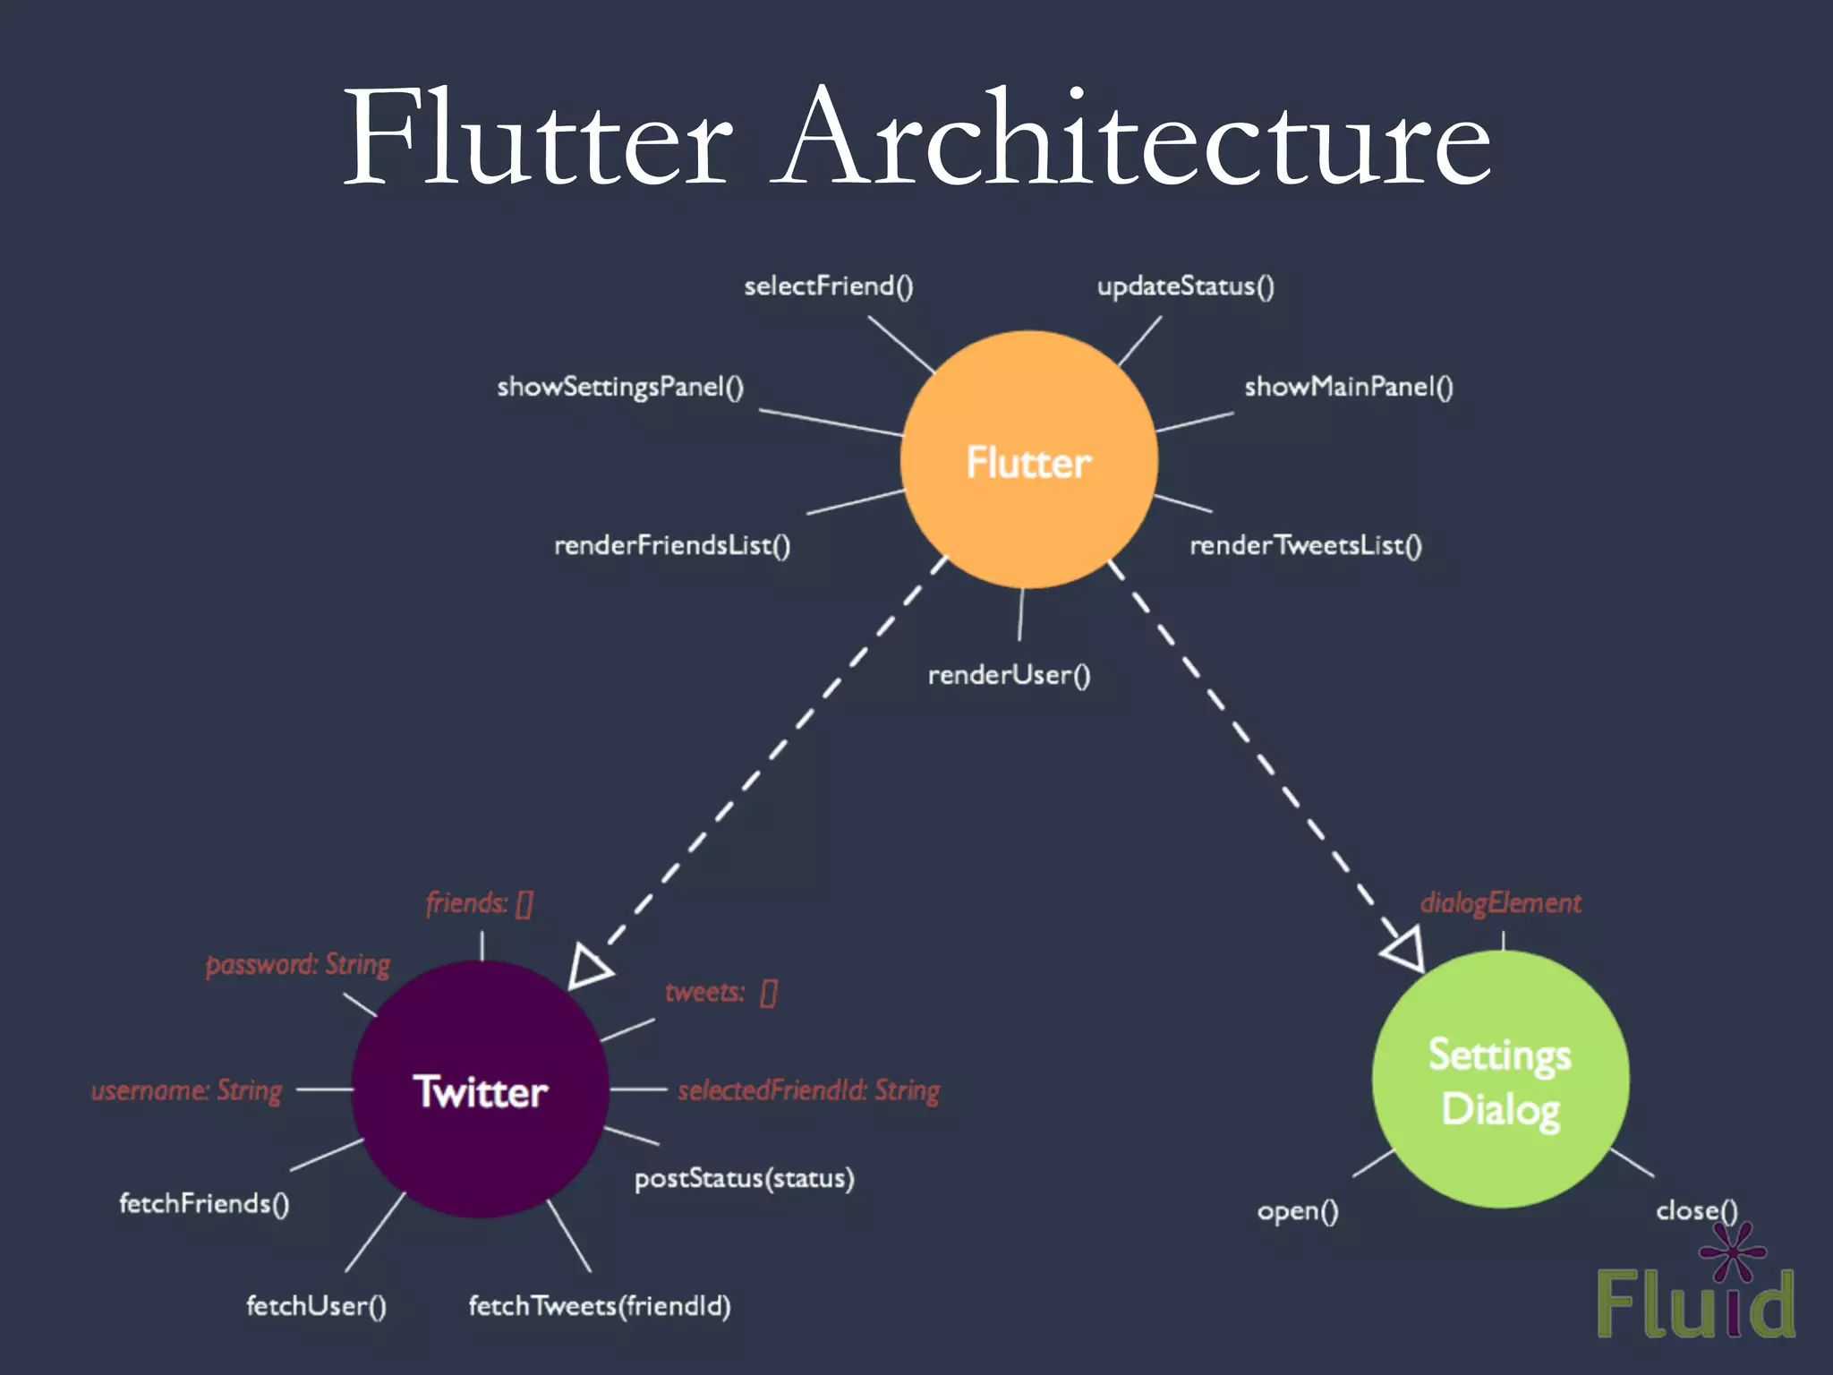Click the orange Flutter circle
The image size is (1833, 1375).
click(x=1028, y=460)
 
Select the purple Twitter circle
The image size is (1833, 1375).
click(x=481, y=1089)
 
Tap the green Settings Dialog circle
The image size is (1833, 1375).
click(x=1501, y=1080)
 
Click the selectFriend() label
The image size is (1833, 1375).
click(x=828, y=286)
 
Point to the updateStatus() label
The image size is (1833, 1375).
click(x=1185, y=286)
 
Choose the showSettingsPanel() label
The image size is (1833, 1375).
click(x=620, y=387)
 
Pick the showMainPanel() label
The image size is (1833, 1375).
click(x=1348, y=387)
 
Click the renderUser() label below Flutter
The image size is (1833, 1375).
click(x=1009, y=675)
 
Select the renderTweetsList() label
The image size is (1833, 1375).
click(x=1305, y=545)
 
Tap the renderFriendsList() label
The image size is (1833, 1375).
click(x=672, y=545)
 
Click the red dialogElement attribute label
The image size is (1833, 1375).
click(x=1500, y=902)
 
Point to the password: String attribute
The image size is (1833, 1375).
click(x=298, y=964)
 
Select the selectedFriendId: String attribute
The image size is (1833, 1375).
click(x=808, y=1090)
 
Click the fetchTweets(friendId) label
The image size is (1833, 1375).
click(x=600, y=1306)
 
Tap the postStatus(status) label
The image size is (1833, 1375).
click(x=744, y=1178)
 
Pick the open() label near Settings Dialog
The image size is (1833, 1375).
click(x=1297, y=1211)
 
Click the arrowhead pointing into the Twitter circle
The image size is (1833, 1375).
click(x=588, y=968)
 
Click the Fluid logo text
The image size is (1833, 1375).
click(x=1695, y=1303)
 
